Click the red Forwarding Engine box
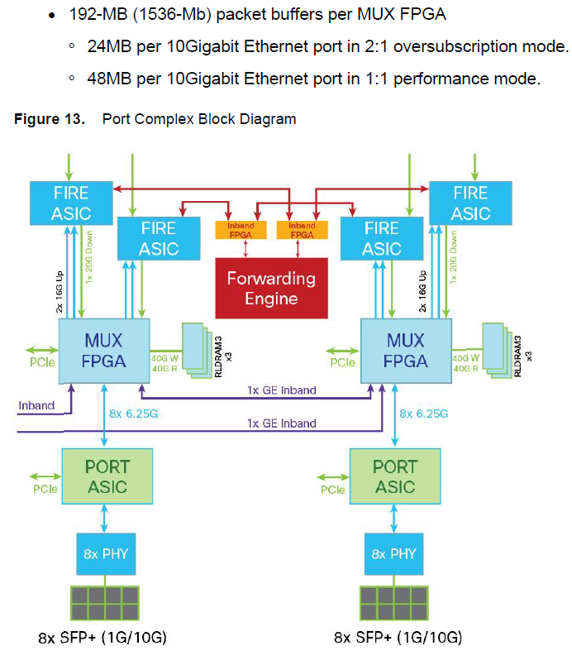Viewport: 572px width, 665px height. pos(271,287)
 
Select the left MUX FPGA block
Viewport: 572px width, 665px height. pos(104,351)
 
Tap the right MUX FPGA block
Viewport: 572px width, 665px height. pos(406,351)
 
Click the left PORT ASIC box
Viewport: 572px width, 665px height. pos(107,477)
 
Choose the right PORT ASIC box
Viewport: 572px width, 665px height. pos(395,477)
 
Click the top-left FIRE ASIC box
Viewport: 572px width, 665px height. pos(71,203)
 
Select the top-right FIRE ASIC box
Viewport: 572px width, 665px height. pos(470,203)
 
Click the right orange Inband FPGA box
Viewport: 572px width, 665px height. pos(302,230)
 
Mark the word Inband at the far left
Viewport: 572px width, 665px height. pos(36,405)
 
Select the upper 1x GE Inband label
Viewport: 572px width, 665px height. pos(281,390)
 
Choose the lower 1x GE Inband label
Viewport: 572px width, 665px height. pos(281,423)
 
